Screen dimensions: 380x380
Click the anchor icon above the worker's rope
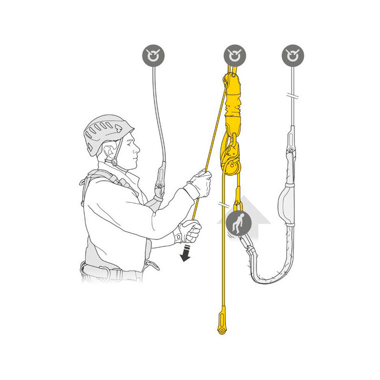153,56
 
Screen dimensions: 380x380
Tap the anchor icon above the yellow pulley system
235,56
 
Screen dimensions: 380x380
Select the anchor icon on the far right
293,56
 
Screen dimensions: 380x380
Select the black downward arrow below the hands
186,254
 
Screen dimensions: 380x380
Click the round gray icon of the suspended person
239,223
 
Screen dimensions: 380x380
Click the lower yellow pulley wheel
231,167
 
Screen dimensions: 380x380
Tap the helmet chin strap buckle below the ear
114,162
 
